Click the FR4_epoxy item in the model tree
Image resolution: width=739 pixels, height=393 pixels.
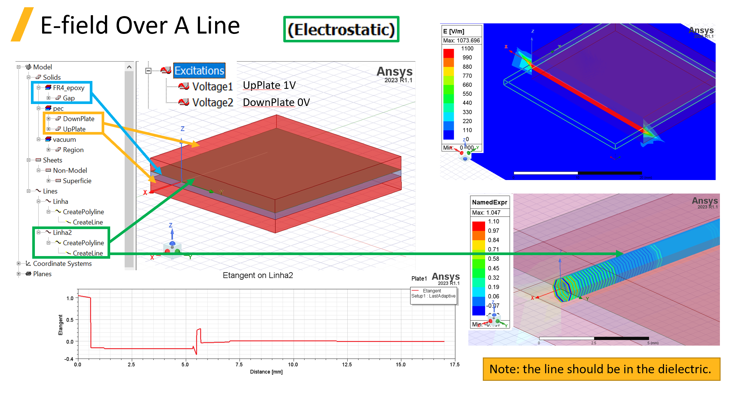68,88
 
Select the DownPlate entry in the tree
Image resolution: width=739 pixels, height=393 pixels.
78,119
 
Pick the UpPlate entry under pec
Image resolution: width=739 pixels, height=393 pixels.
74,129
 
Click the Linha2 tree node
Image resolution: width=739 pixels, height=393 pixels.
62,232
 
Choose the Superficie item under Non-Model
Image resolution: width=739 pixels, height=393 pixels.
77,181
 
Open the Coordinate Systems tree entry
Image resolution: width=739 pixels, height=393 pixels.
62,264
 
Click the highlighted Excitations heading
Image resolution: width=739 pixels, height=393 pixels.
199,70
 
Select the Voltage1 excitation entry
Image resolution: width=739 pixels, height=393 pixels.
212,87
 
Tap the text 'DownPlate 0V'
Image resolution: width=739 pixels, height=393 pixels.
276,102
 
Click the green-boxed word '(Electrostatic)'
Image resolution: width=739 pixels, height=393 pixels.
341,30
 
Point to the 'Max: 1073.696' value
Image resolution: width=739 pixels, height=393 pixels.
461,40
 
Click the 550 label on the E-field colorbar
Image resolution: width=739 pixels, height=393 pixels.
467,94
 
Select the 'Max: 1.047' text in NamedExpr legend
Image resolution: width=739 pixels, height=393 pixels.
486,213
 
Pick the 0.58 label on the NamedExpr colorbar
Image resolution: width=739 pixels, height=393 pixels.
493,259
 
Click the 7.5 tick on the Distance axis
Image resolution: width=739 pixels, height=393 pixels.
239,365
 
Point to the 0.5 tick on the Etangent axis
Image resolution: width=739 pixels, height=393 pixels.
70,320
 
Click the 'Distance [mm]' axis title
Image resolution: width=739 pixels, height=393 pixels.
266,372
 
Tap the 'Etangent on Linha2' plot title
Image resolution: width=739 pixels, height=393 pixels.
258,275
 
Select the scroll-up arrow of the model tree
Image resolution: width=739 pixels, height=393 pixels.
129,67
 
